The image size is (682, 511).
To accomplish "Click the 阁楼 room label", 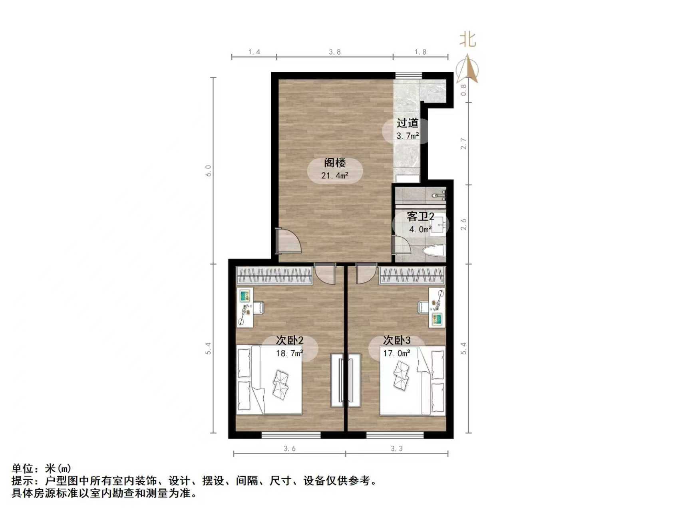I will [x=334, y=163].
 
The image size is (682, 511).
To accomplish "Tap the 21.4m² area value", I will [x=334, y=175].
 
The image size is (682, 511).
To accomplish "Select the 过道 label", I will [x=408, y=123].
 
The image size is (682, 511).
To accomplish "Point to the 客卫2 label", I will [x=420, y=217].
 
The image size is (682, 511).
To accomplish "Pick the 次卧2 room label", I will [x=290, y=341].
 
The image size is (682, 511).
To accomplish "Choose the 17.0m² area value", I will [x=397, y=353].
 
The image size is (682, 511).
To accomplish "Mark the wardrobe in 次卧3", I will [x=412, y=276].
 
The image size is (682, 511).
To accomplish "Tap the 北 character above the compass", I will [x=468, y=40].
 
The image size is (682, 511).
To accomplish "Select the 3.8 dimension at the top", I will [x=334, y=52].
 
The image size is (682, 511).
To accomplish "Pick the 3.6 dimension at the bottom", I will [x=289, y=449].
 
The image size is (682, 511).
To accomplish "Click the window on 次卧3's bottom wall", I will [x=395, y=434].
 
